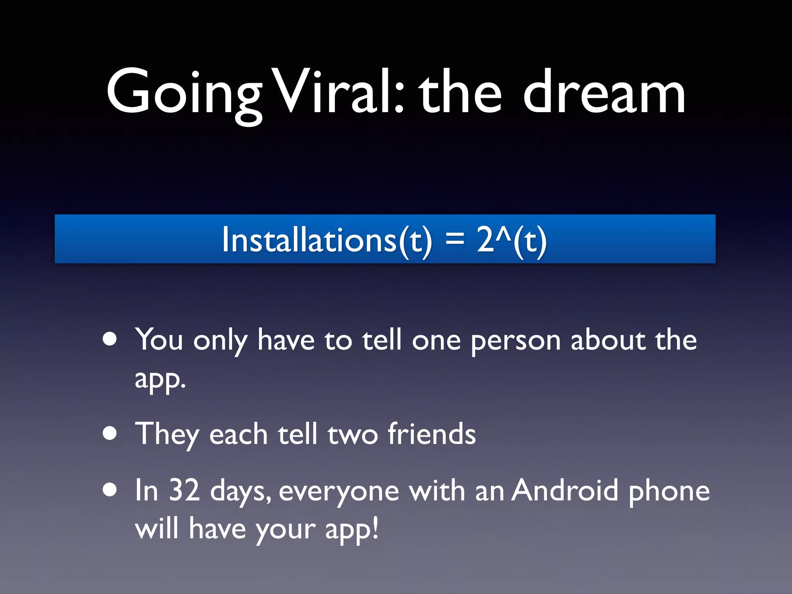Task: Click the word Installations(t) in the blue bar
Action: click(327, 240)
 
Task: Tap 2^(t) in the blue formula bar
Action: click(512, 240)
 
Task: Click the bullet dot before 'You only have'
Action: click(110, 339)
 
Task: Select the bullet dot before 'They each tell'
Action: click(110, 434)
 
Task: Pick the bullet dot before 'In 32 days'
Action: click(110, 490)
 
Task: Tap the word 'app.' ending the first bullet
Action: click(160, 379)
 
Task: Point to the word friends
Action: click(432, 434)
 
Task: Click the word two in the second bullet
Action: click(352, 435)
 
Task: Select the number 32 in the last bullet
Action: click(184, 490)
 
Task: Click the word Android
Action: click(565, 490)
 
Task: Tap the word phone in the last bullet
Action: click(669, 491)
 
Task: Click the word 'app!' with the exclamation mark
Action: click(352, 529)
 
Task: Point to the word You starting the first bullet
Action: click(159, 340)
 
